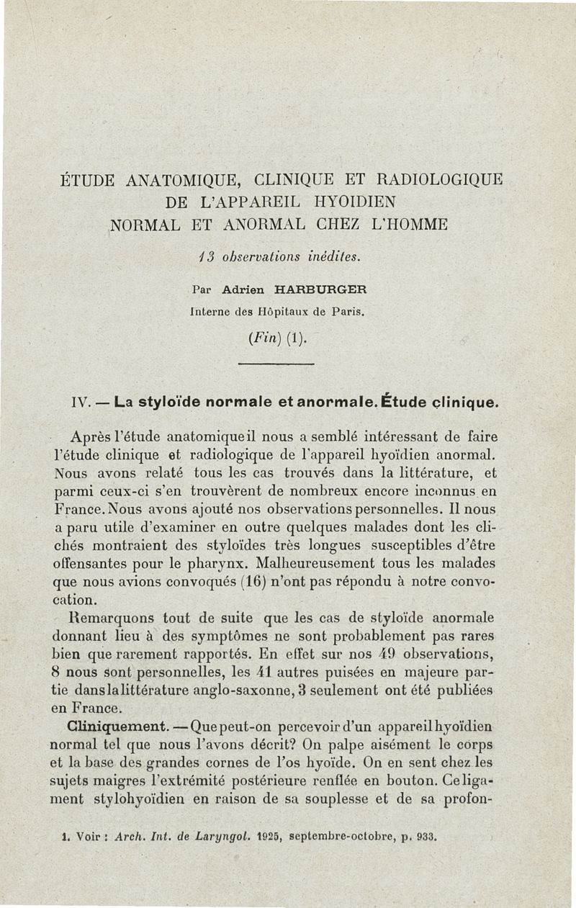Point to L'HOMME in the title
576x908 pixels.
[x=407, y=224]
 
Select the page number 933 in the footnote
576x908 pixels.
[x=426, y=837]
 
